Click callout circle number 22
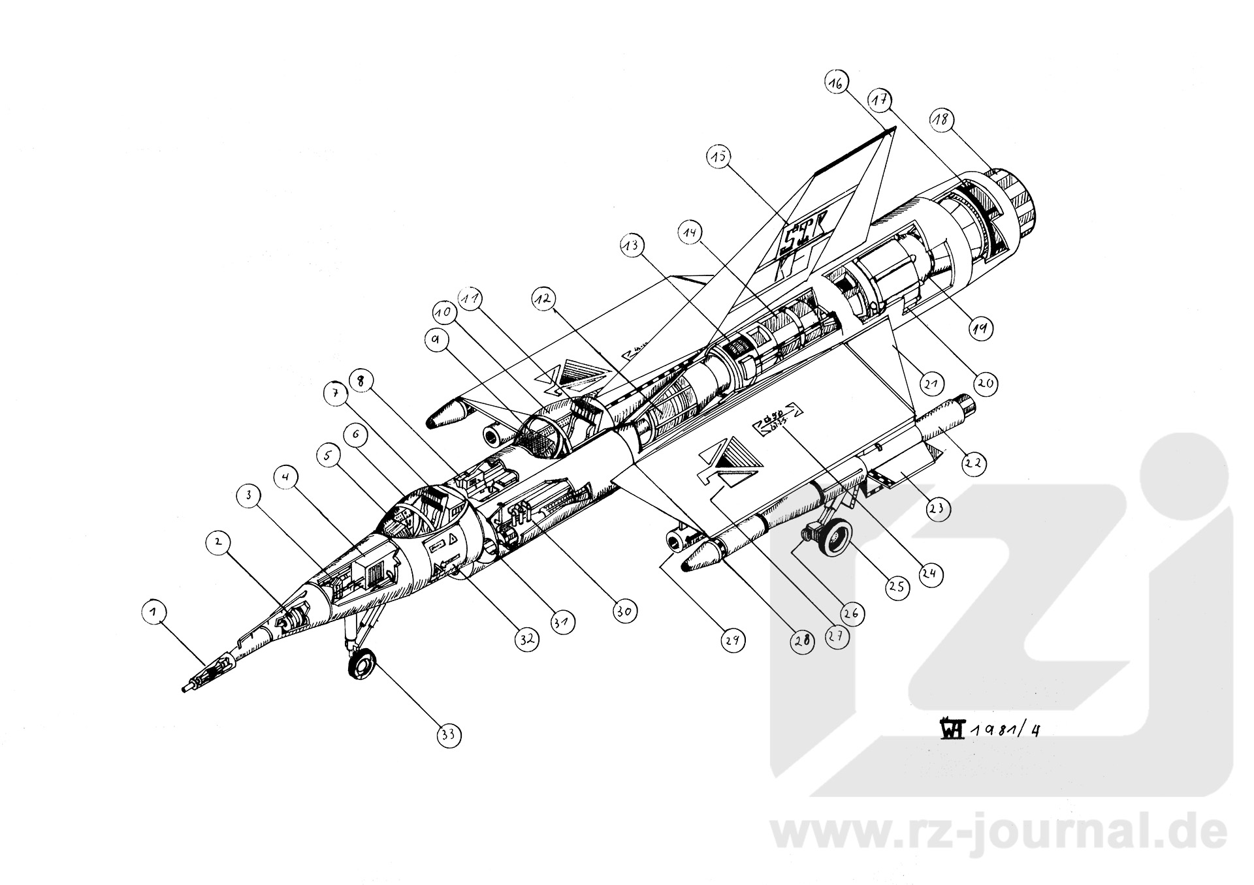[x=973, y=462]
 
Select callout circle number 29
[x=733, y=641]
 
